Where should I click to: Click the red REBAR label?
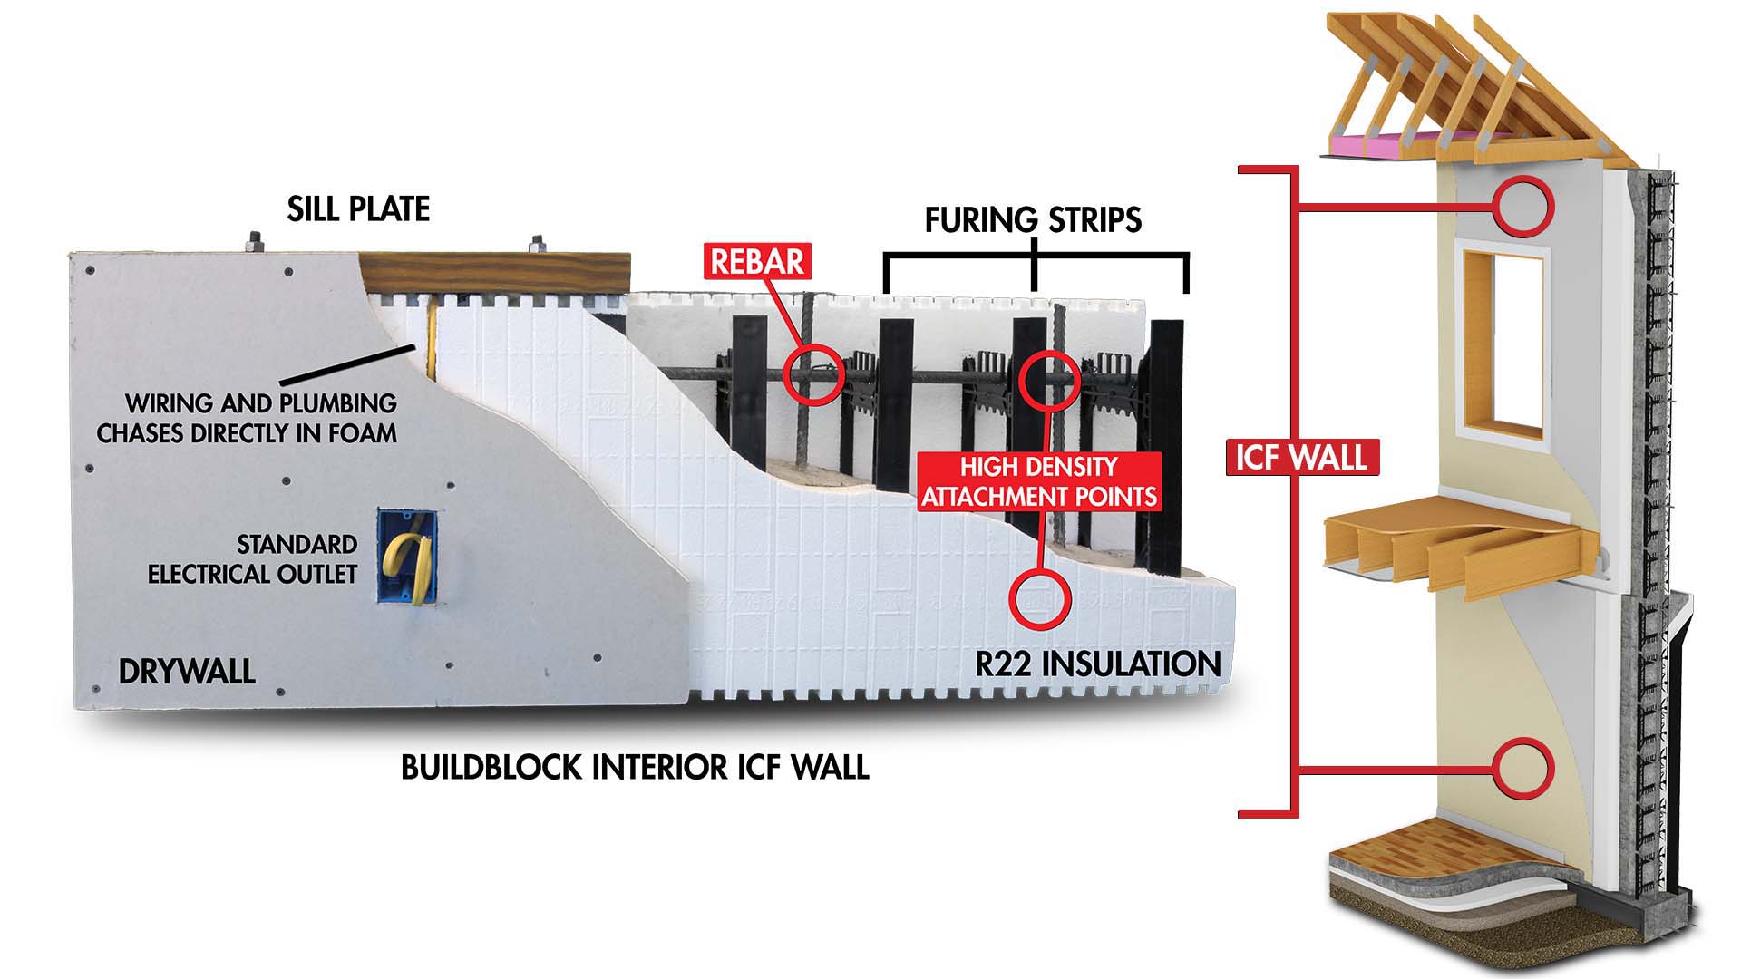(757, 261)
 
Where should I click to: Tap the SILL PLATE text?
(358, 209)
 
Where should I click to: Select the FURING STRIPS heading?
(1033, 220)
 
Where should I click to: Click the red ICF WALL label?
(1301, 457)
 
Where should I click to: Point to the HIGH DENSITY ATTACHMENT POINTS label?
(1039, 481)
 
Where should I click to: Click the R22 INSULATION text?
(1098, 664)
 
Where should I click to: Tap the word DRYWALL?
(187, 672)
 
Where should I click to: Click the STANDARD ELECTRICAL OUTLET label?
(253, 559)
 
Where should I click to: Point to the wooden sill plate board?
(494, 271)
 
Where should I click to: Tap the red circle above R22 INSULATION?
(1041, 598)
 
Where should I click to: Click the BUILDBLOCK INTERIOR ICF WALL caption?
(635, 768)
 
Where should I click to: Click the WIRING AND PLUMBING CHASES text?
(248, 418)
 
